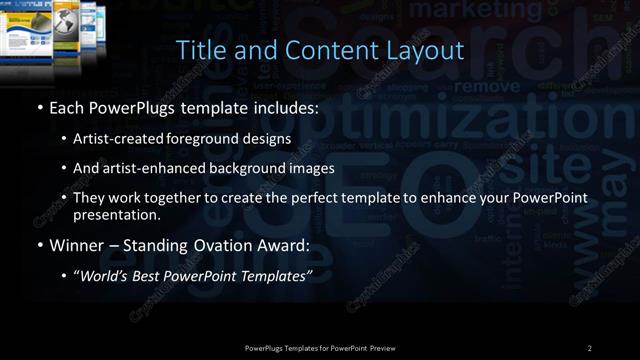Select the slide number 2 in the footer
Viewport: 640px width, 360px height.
pyautogui.click(x=589, y=347)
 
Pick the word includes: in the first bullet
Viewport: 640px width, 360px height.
pyautogui.click(x=287, y=107)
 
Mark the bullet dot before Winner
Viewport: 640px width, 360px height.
pyautogui.click(x=39, y=245)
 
